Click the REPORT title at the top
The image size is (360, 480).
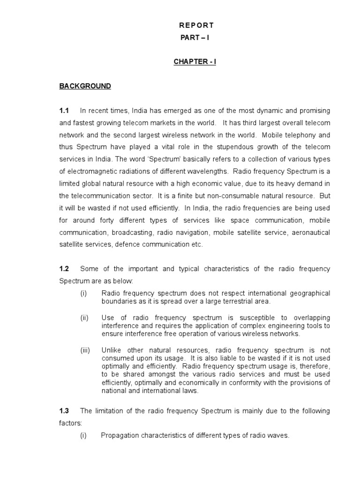197,25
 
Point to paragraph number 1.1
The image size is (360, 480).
64,111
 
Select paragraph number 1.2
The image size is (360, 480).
64,269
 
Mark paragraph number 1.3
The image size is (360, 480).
64,411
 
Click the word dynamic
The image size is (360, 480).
257,111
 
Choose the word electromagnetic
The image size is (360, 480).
90,172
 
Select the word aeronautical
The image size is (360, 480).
311,232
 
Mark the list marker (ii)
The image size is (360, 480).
84,318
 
